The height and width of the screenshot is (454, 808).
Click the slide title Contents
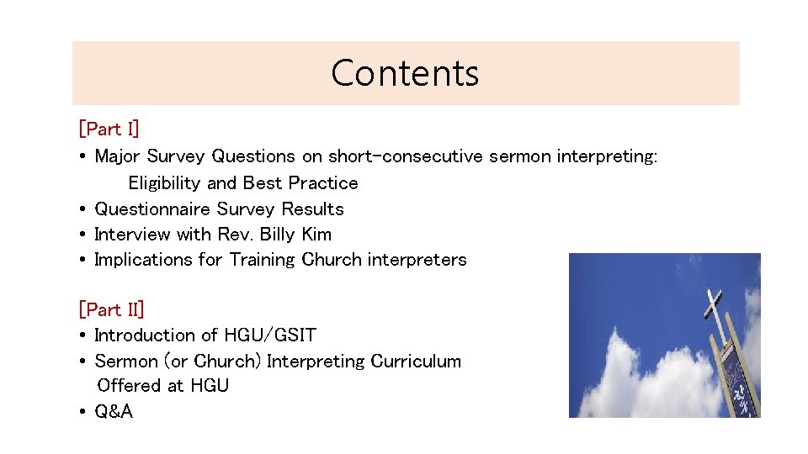click(x=405, y=73)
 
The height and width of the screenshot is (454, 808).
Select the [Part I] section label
click(x=109, y=129)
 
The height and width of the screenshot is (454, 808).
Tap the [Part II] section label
click(x=111, y=309)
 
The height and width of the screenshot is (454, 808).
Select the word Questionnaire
click(x=152, y=209)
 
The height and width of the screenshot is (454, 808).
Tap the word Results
click(x=312, y=209)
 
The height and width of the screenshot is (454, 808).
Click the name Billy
click(x=278, y=234)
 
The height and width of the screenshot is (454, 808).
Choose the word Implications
click(x=144, y=260)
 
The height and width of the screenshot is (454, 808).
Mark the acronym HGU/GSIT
click(x=270, y=335)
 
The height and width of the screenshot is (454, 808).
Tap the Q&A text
click(x=114, y=412)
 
